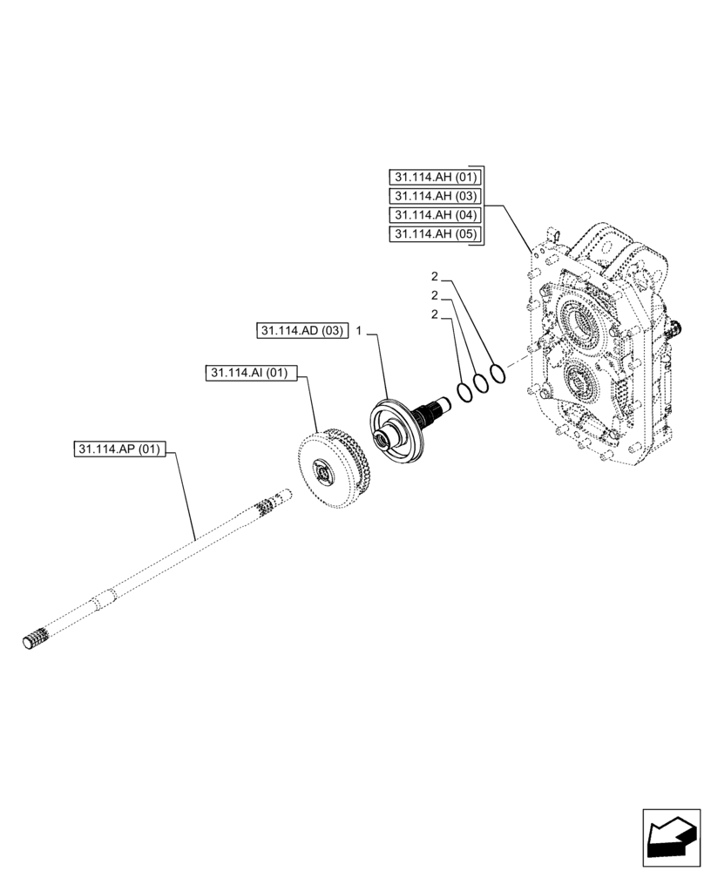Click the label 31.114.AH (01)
431,177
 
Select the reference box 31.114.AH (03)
431,196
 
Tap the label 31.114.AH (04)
431,215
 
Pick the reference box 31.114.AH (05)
431,234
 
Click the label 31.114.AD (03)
301,331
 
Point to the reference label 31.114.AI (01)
252,374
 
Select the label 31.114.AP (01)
118,450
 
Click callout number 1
358,332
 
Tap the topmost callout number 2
435,276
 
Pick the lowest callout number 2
435,314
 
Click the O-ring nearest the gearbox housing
497,373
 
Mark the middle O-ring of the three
480,383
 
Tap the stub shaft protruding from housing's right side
675,330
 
